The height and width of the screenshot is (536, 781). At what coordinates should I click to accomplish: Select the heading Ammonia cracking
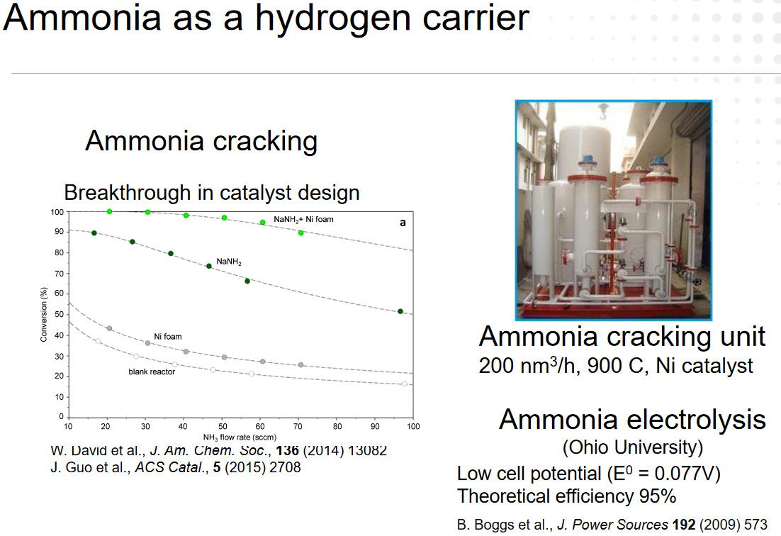coord(201,142)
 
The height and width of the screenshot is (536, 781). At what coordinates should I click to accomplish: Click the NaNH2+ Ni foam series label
coord(303,220)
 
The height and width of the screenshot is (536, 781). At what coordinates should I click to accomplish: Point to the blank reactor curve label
coord(152,372)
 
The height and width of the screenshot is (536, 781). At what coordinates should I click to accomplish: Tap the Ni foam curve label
coord(168,337)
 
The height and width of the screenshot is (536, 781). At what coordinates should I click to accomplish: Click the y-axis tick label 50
coord(60,314)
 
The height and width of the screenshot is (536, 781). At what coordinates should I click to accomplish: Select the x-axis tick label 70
coord(298,426)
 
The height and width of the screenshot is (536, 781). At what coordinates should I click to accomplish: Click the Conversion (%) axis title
coord(44,314)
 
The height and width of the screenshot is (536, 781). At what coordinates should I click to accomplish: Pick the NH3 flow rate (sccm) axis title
coord(240,437)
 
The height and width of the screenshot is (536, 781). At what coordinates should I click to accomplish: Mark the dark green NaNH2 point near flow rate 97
coord(400,311)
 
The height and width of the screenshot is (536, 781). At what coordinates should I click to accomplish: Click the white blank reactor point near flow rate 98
coord(405,384)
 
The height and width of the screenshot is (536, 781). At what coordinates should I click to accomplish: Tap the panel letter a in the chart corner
coord(403,223)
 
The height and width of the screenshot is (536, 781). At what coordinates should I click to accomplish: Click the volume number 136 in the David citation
coord(288,450)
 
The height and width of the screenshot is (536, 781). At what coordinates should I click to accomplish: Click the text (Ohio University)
coord(633,447)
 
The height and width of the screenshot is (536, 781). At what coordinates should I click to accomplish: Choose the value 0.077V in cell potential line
coord(687,473)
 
